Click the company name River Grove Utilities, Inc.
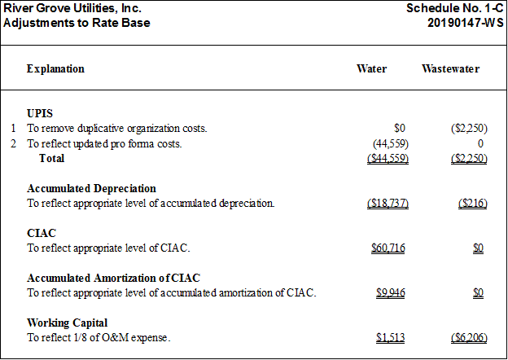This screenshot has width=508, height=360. pos(72,8)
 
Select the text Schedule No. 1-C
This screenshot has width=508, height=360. pos(455,8)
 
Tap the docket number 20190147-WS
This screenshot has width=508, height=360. pos(466,23)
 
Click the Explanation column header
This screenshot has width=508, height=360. pos(55,69)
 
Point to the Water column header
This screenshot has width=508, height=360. pos(371,68)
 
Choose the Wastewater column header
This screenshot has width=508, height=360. pos(451,68)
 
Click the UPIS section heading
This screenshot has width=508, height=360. pos(40,113)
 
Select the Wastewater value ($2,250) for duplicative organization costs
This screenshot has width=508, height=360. pos(469,129)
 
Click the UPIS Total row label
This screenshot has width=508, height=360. pos(52,158)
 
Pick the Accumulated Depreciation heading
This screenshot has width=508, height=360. pos(91,188)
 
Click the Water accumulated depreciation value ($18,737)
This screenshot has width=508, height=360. pos(388,204)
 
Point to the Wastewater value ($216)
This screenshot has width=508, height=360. pos(473,204)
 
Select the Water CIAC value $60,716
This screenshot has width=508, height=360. pos(388,248)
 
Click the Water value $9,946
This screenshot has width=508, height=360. pos(391,293)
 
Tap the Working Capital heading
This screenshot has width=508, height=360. pos(67,323)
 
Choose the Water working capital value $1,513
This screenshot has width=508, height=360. pos(391,338)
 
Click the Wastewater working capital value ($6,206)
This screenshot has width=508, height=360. pos(469,338)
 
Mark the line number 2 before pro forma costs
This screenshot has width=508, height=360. pos(13,143)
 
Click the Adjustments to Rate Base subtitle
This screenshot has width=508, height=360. pos(77,23)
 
